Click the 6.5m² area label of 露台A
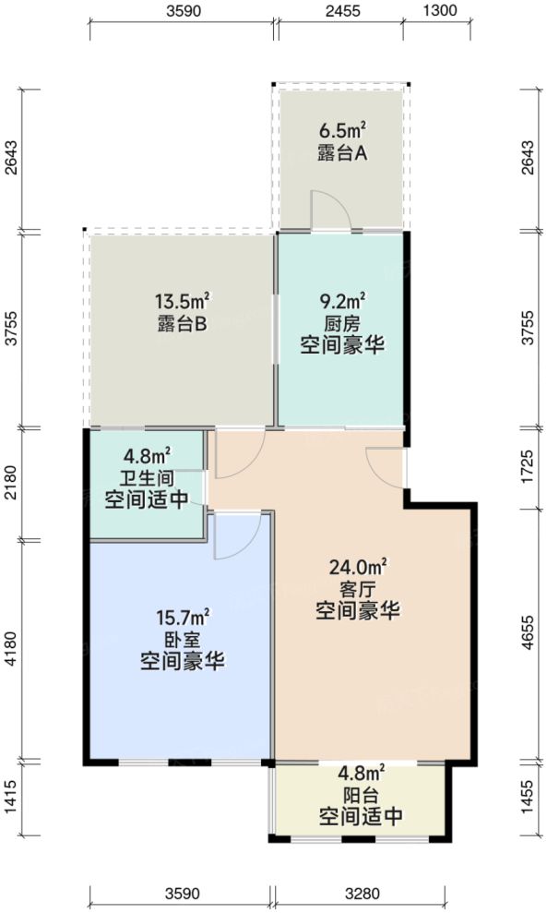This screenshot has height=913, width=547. click(342, 131)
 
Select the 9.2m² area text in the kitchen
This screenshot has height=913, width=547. click(342, 300)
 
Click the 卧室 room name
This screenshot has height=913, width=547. click(184, 639)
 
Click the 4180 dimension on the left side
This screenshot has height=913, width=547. click(10, 651)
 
